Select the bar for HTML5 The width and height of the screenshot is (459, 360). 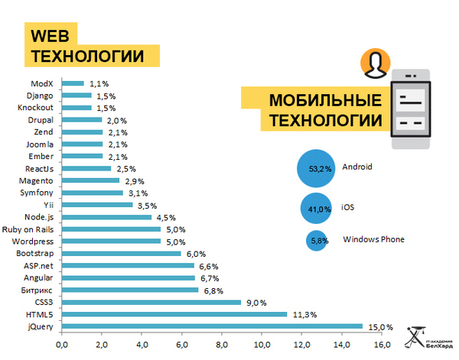pos(174,314)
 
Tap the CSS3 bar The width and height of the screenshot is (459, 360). pos(151,302)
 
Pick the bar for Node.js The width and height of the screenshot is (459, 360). pos(106,217)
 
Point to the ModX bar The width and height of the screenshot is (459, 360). pos(73,83)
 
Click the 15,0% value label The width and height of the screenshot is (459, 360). pos(380,326)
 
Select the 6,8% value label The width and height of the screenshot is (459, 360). pos(214,290)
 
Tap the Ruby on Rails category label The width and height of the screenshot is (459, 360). pos(28,229)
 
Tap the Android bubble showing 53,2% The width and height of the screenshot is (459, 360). pos(320,167)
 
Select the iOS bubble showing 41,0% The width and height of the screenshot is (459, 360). pos(319,208)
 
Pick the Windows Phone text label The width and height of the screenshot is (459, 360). pos(373,240)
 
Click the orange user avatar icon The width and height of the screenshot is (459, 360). pos(373,64)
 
